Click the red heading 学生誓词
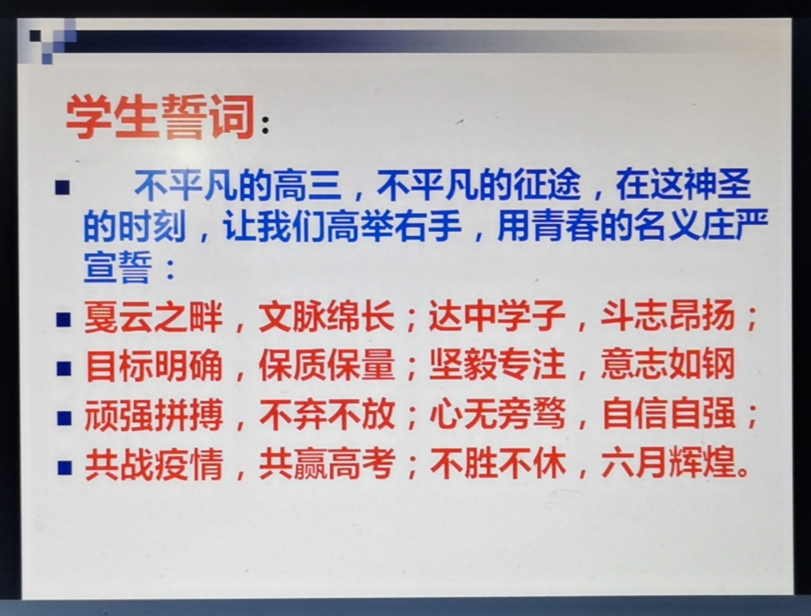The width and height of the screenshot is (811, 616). coord(160,117)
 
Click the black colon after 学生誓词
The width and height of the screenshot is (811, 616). coord(265,124)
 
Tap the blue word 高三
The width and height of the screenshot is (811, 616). coord(308,185)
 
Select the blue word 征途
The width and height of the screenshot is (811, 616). coord(547,185)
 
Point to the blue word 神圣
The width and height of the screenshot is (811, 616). coord(717,184)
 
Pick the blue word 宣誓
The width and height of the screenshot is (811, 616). coord(118,267)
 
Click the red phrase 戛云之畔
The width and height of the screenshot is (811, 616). coord(154,316)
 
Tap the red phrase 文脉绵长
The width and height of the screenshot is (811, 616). coord(326,315)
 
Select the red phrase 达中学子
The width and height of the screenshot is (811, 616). coord(496,315)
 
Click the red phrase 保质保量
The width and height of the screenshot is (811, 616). coord(327,366)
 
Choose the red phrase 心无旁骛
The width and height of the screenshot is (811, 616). coord(497,414)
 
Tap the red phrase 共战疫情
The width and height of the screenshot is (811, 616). coord(154,464)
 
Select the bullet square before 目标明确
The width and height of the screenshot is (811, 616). coord(63,368)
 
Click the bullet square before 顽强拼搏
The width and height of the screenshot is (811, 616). coord(63,418)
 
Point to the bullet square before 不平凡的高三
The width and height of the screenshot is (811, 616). coord(62,187)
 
